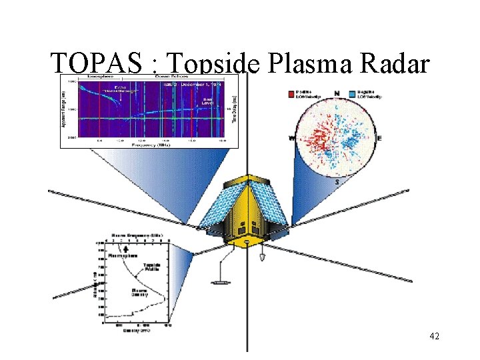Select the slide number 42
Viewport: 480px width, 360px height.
point(434,336)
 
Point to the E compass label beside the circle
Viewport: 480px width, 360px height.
point(380,137)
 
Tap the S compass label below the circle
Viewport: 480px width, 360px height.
point(338,182)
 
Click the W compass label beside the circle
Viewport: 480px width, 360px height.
point(291,138)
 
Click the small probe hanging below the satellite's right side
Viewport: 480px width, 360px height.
point(263,255)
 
